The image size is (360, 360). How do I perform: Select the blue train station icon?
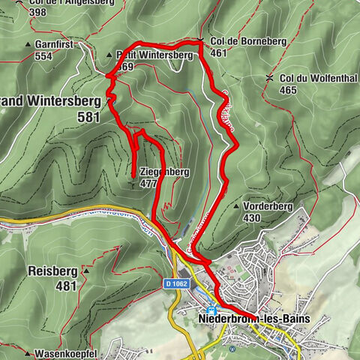click(212, 310)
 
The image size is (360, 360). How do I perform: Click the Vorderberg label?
click(263, 205)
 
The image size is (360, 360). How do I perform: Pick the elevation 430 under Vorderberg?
click(251, 218)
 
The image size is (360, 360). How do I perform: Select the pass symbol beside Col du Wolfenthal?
click(269, 78)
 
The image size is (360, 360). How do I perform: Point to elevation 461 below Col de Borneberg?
click(218, 53)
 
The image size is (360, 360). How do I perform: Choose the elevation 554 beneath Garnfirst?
click(43, 56)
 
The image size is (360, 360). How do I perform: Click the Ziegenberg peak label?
click(163, 172)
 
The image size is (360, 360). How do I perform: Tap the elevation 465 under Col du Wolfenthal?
click(287, 90)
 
